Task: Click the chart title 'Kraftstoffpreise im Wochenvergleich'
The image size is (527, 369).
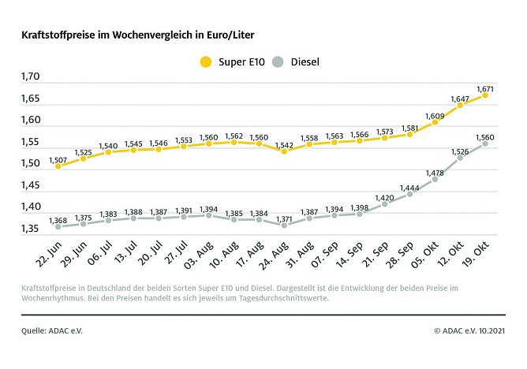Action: tap(143, 35)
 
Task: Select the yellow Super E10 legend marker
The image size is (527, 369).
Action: tap(207, 61)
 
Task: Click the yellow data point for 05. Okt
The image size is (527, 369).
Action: tap(435, 122)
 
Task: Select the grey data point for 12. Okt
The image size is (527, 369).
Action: tap(460, 158)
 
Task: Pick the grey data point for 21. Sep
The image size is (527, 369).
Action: tap(384, 203)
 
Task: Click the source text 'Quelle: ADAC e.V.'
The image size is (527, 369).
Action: tap(51, 331)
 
